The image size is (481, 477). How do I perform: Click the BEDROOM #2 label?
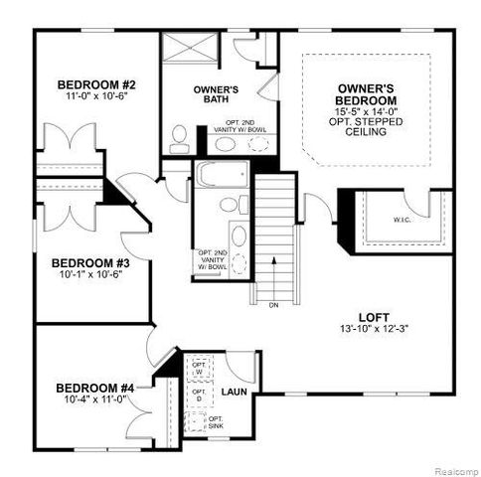click(95, 83)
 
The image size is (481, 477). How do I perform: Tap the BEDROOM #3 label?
click(91, 263)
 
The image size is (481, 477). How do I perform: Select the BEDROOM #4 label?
click(94, 388)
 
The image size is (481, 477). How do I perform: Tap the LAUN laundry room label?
click(235, 394)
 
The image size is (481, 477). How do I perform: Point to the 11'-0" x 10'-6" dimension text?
click(95, 97)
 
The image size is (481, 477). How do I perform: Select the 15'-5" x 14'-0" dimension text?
click(367, 114)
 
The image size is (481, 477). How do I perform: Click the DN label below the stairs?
click(273, 305)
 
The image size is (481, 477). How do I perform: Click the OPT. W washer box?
click(199, 367)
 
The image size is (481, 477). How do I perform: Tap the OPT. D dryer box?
click(199, 395)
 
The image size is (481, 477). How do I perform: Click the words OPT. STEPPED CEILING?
click(367, 136)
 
